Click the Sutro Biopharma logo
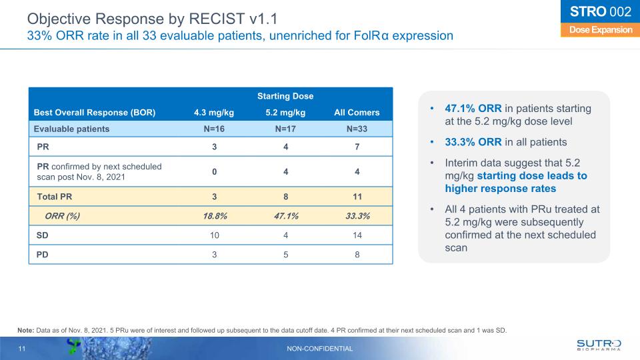pos(598,345)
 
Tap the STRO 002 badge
pos(596,12)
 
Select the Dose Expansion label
pos(596,30)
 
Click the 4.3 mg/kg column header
pos(213,112)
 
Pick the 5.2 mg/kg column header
pos(285,112)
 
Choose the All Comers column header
pos(357,112)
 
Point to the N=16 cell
pos(213,129)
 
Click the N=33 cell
pos(357,129)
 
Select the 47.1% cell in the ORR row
pos(285,215)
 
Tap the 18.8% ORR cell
pos(213,215)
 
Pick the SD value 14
pos(357,235)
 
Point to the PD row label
pos(41,255)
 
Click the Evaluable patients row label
pos(73,129)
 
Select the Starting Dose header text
pos(285,97)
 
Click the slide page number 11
pos(21,349)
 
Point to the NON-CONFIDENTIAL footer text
pos(320,349)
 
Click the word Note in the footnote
pos(26,330)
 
